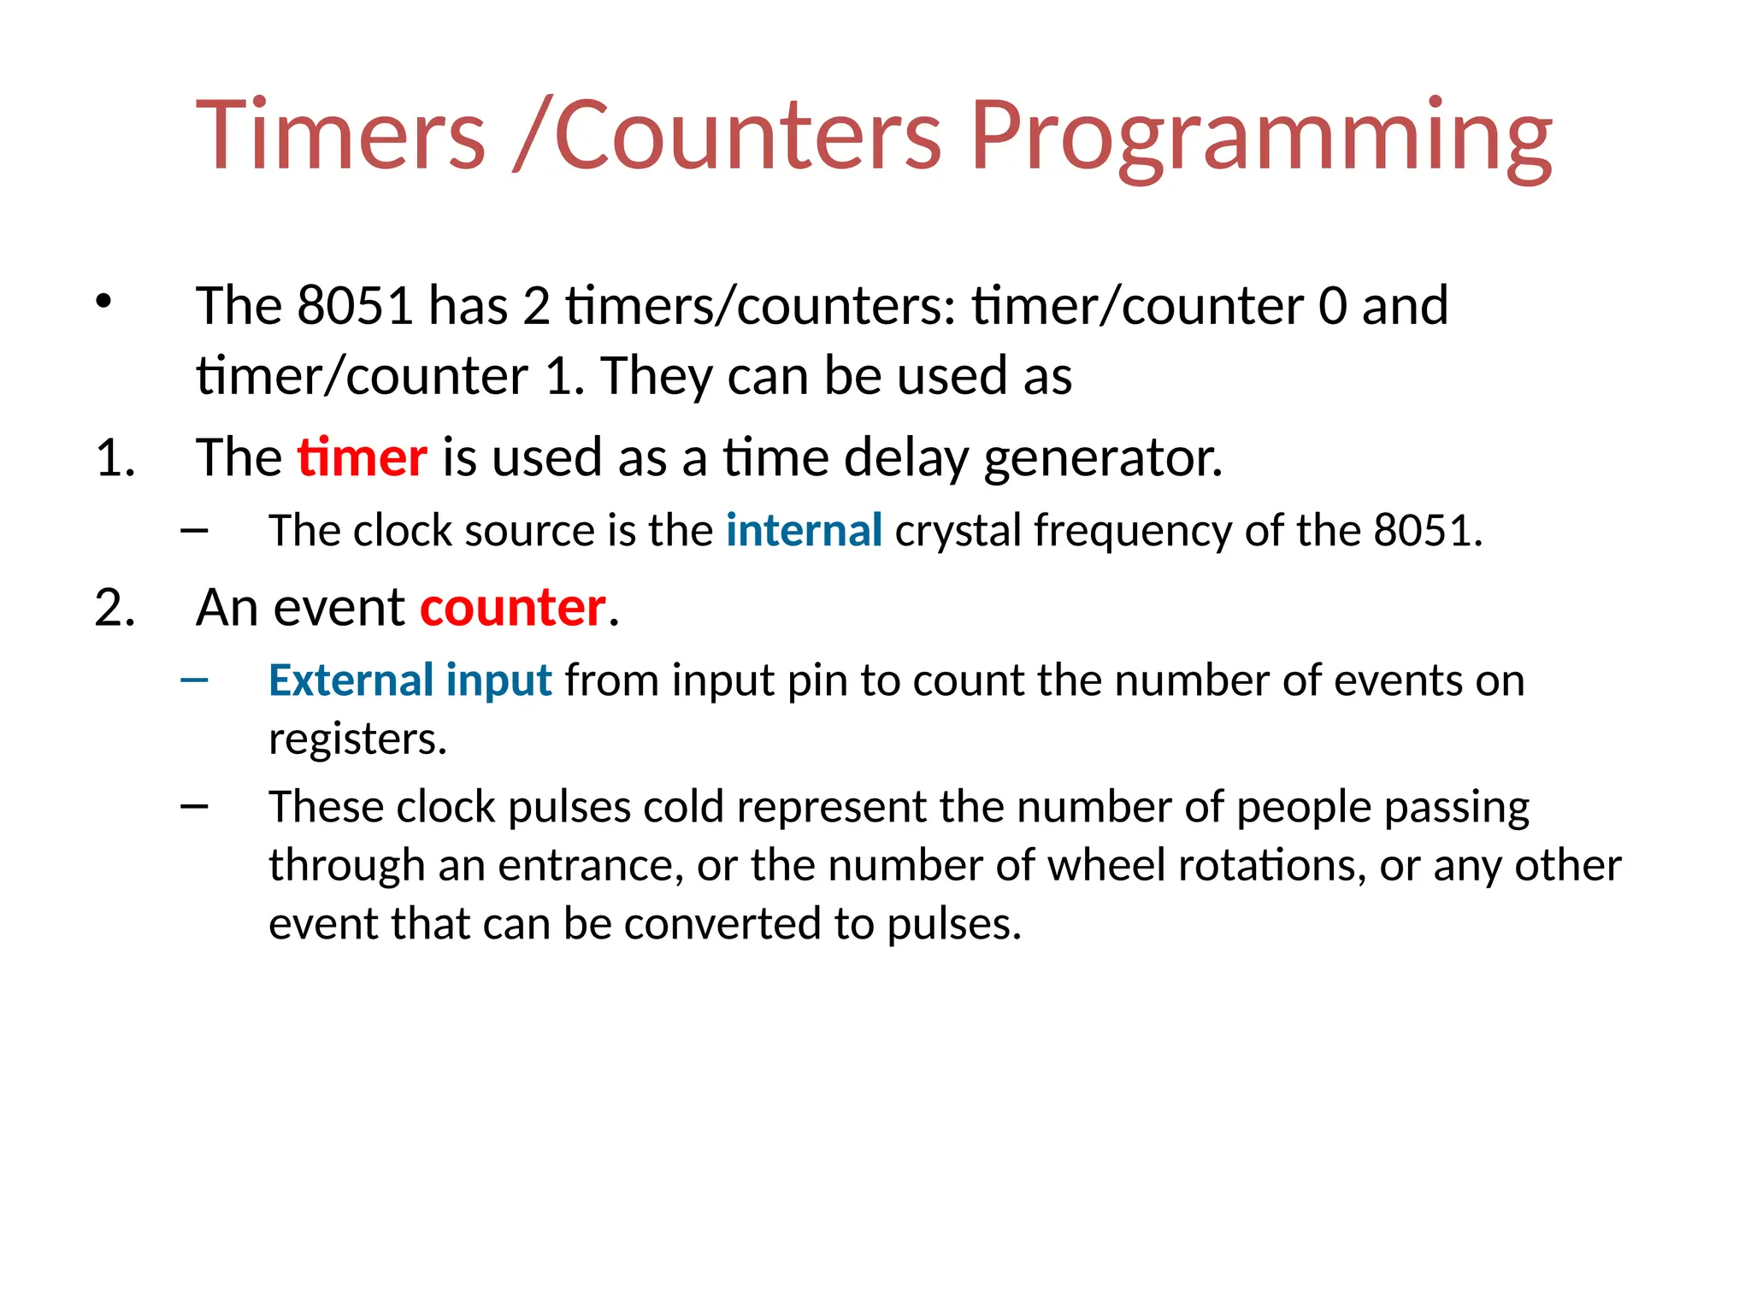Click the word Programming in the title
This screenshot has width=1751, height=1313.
(x=1261, y=137)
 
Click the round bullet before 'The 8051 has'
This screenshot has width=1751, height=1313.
(x=103, y=302)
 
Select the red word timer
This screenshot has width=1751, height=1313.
(x=362, y=457)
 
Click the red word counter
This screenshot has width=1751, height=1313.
(x=513, y=608)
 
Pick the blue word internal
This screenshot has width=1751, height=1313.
(x=804, y=530)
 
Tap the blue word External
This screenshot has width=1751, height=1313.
(x=351, y=680)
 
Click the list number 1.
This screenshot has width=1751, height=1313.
(x=114, y=457)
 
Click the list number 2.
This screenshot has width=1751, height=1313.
(x=115, y=608)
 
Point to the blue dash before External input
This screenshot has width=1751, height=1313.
(x=195, y=680)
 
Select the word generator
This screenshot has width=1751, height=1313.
(x=1103, y=459)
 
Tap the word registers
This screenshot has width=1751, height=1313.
(x=357, y=739)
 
